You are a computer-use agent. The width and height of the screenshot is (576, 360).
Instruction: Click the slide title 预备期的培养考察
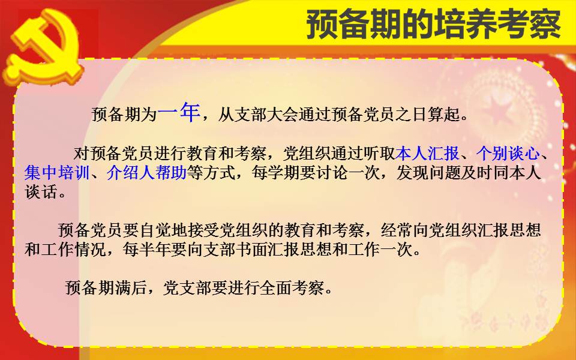tap(434, 25)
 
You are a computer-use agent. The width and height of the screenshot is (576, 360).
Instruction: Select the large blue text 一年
tap(179, 112)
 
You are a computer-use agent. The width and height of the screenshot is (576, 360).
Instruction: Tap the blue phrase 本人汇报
tap(428, 154)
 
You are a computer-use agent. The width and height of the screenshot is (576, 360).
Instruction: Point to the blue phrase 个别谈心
tap(508, 154)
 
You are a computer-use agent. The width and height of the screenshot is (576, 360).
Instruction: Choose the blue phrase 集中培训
tap(57, 173)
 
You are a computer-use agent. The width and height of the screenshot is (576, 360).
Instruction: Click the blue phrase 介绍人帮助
tap(146, 173)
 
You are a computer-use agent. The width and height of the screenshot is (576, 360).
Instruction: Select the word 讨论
tap(332, 173)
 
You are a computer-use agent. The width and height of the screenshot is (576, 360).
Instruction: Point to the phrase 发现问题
tap(428, 173)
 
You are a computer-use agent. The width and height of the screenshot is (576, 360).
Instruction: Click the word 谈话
tap(41, 192)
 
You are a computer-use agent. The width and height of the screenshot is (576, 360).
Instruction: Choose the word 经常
tap(397, 230)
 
